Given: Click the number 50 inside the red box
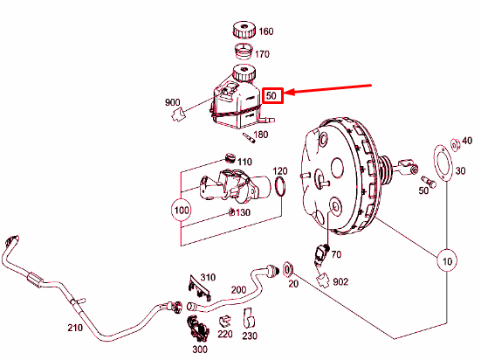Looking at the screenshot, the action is coord(271,96).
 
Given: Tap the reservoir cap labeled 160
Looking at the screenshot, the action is coord(244,30).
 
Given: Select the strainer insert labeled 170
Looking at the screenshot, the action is coord(244,52).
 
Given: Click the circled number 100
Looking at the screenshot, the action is coord(182,210).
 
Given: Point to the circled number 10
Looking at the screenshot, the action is coord(447,260).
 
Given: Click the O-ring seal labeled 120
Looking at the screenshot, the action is coord(280,186).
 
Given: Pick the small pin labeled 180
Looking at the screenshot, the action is coord(249,137).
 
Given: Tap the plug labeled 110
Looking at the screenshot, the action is coord(229,158).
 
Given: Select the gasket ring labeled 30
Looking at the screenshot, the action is coord(443,163).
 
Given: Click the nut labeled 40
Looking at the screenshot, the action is coord(455,145).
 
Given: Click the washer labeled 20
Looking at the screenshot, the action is coord(288,270).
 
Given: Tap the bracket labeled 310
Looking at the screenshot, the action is coord(199,287).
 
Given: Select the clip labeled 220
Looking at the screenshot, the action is coord(225,322).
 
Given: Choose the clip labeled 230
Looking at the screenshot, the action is coord(249,318).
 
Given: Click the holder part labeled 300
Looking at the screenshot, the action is coord(198,328).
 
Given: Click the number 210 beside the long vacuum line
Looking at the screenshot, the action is coord(75,328).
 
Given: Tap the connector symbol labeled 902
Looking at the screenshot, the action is coord(323,280).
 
